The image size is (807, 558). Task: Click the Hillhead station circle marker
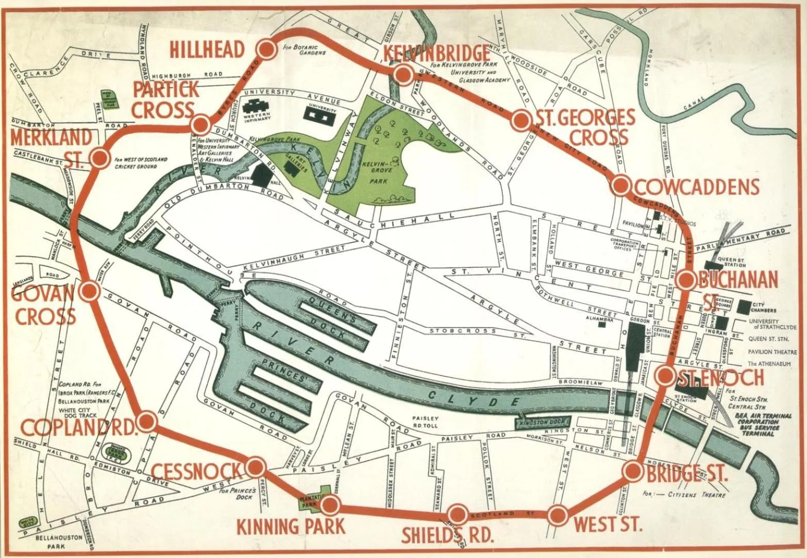pyautogui.click(x=266, y=49)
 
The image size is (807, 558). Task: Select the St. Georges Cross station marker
pyautogui.click(x=520, y=120)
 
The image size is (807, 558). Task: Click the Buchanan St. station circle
pyautogui.click(x=686, y=280)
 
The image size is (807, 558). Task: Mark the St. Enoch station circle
pyautogui.click(x=665, y=375)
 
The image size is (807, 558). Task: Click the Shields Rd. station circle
pyautogui.click(x=457, y=514)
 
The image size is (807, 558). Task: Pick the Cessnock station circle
pyautogui.click(x=255, y=468)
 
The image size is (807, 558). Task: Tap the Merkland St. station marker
pyautogui.click(x=98, y=157)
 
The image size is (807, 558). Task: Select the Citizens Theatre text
pyautogui.click(x=694, y=495)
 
